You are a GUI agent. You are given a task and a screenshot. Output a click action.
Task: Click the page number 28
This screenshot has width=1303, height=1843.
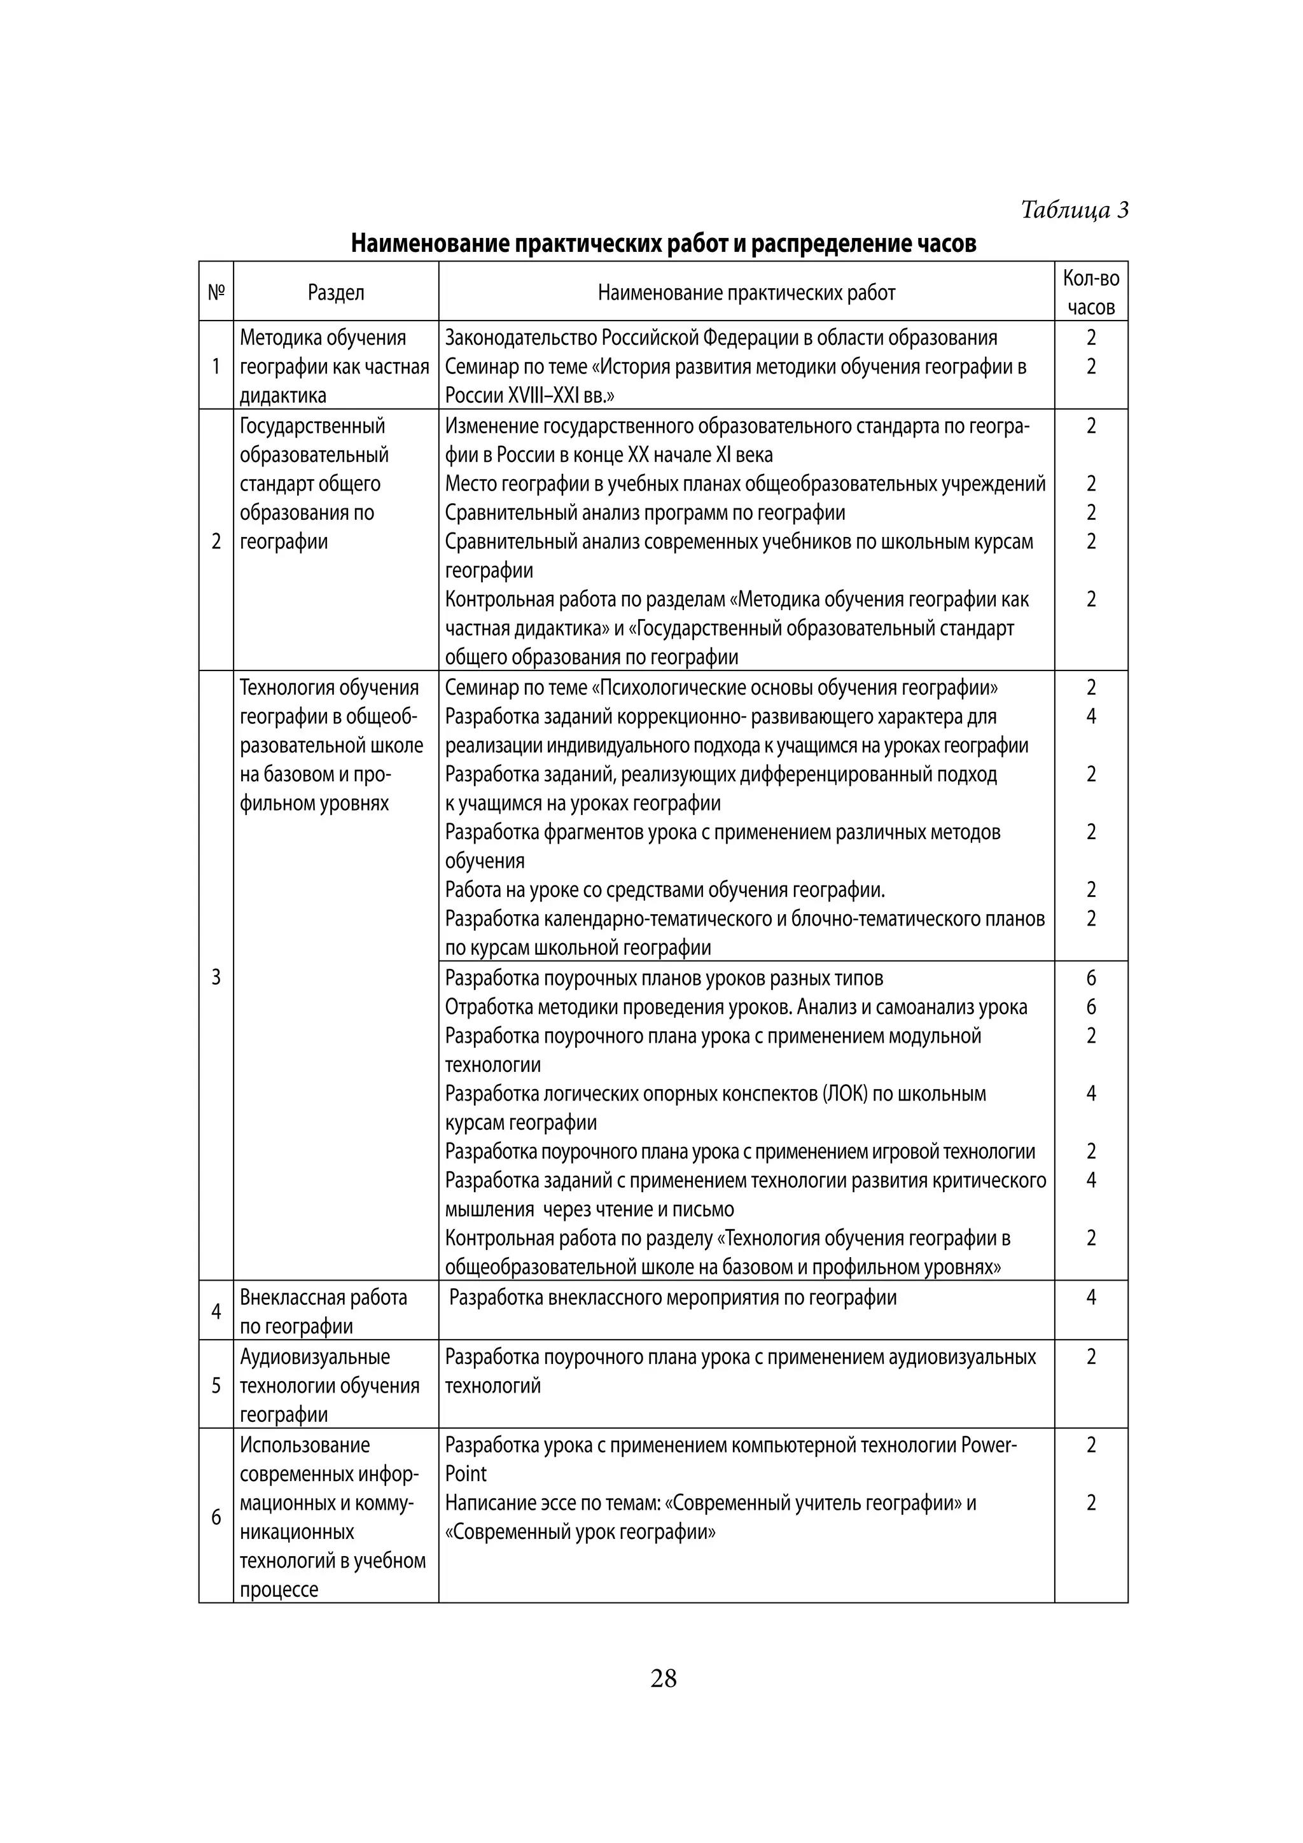(x=663, y=1678)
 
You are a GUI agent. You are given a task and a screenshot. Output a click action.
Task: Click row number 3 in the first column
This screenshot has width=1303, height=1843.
(x=216, y=977)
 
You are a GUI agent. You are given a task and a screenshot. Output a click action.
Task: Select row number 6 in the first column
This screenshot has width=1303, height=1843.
(x=216, y=1517)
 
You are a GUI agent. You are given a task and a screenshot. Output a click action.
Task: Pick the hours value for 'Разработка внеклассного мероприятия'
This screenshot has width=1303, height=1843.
(x=1090, y=1297)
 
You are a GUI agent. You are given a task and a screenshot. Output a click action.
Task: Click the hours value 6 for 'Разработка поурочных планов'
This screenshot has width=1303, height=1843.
(x=1090, y=978)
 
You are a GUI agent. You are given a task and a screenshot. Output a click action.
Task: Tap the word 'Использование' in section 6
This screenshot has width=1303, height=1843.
(x=305, y=1445)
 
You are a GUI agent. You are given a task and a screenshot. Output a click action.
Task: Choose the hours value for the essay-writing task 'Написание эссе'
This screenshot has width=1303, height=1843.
(x=1090, y=1503)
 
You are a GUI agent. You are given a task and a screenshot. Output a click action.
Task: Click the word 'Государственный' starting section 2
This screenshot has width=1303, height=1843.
(x=312, y=426)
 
